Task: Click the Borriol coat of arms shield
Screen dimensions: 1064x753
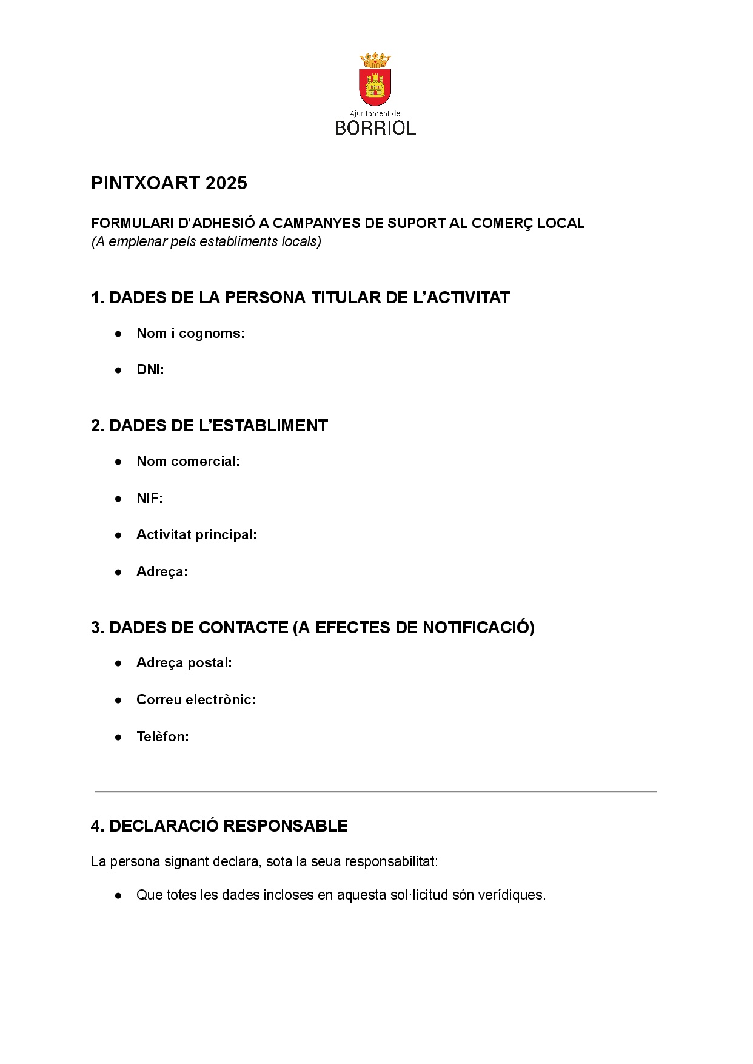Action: (375, 87)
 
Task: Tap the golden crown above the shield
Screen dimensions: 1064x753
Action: (375, 60)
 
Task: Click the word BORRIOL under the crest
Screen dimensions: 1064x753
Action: (375, 128)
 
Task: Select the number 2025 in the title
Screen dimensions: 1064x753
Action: (226, 183)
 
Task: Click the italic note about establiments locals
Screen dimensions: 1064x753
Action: (206, 241)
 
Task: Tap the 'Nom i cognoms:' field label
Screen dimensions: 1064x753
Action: (190, 333)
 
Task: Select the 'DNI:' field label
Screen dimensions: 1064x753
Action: (150, 369)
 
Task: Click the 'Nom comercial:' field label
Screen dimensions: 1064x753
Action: (188, 461)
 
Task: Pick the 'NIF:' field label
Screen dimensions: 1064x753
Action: (150, 498)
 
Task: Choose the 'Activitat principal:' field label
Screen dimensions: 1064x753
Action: (196, 534)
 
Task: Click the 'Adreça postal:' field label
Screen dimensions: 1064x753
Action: (184, 662)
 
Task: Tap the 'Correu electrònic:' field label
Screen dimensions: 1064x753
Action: (196, 699)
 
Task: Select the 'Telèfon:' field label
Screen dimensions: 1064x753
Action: (162, 736)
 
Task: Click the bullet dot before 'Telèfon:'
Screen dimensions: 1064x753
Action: (119, 737)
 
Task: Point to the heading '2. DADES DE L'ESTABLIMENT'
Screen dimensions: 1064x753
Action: (209, 426)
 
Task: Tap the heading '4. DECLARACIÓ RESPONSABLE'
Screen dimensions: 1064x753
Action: (219, 826)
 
